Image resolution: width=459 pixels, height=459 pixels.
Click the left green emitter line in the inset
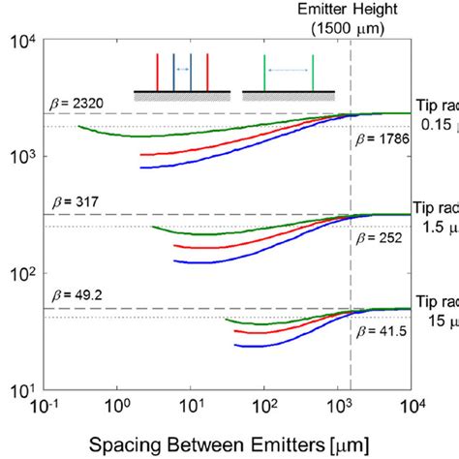264,73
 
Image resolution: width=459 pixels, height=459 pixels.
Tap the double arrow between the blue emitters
182,70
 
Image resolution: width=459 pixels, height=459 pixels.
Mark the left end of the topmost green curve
79,126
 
